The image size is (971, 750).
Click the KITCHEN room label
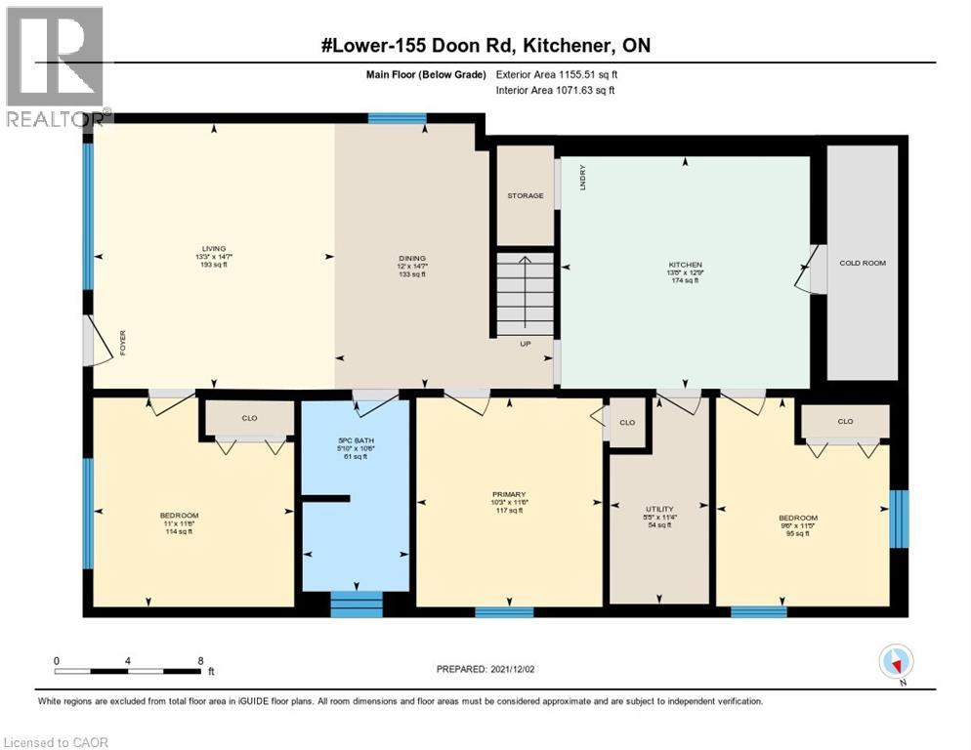tap(685, 264)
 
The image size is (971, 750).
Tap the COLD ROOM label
tap(863, 263)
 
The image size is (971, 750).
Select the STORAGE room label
tap(525, 195)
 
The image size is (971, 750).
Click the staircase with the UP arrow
tap(526, 294)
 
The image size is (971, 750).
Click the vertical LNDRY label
tap(582, 176)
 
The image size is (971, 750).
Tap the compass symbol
tap(896, 662)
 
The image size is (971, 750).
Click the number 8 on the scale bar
tap(200, 660)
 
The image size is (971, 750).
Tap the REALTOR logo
tap(55, 66)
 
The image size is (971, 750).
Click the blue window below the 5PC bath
tap(357, 604)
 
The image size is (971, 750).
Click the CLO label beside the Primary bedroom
tap(627, 423)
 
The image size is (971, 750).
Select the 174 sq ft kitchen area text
tap(685, 281)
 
